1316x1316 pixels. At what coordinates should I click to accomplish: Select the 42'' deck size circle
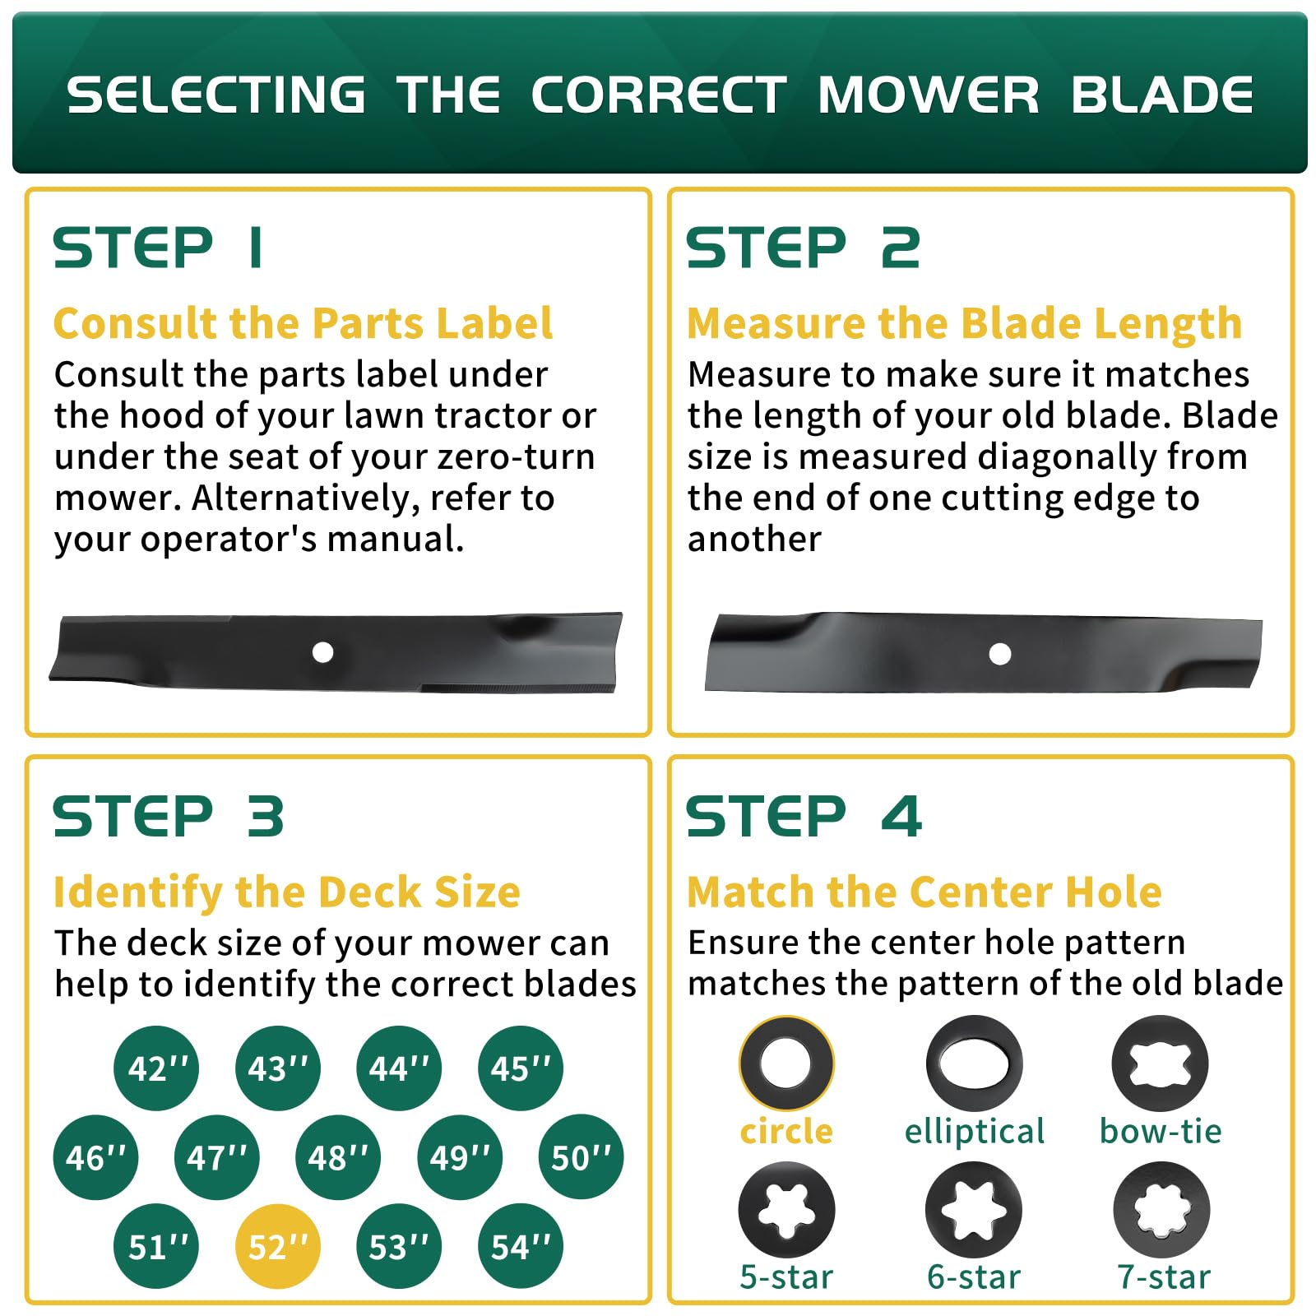click(x=156, y=1068)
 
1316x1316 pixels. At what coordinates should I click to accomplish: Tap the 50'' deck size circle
click(x=582, y=1156)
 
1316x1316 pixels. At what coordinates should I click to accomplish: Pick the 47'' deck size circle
click(x=217, y=1157)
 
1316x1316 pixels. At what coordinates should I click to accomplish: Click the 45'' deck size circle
click(x=521, y=1068)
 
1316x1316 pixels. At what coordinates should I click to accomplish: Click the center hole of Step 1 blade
click(x=322, y=652)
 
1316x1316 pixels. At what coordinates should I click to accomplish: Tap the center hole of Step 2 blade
click(x=1000, y=654)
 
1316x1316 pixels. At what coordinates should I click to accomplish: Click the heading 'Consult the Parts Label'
click(x=303, y=322)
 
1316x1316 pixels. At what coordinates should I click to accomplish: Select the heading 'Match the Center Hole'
click(x=924, y=892)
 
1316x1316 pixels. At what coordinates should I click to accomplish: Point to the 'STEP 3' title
click(x=169, y=817)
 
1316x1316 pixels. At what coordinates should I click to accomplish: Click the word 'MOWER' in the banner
click(x=929, y=95)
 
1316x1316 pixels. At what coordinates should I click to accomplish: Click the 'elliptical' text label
click(x=975, y=1132)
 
